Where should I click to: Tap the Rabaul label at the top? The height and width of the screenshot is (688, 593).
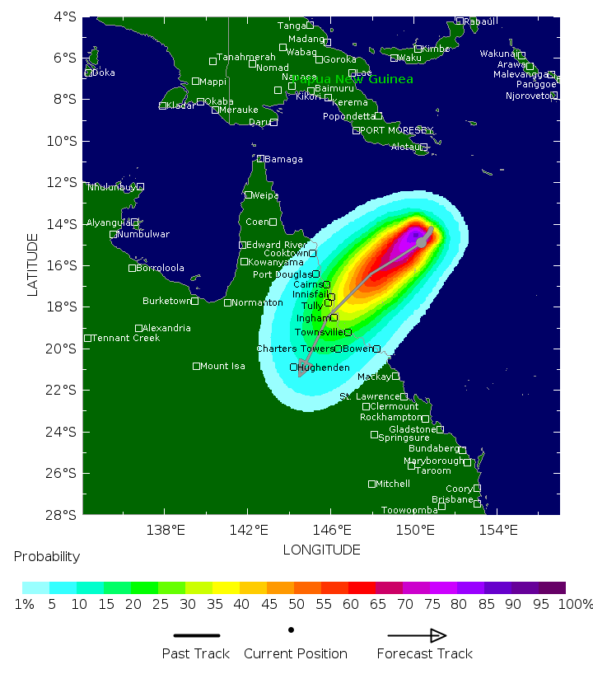[480, 21]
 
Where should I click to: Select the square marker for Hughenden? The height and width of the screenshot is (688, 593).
[293, 367]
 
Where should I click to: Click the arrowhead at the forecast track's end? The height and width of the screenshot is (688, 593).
[302, 372]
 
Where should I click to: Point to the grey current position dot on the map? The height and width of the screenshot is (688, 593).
[422, 242]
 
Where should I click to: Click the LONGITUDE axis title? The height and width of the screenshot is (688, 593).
[321, 550]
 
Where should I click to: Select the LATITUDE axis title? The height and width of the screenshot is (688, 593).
[33, 264]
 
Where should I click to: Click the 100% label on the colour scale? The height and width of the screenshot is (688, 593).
[575, 604]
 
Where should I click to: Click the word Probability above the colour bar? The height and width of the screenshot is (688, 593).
[47, 556]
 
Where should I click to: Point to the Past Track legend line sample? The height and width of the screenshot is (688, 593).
[196, 635]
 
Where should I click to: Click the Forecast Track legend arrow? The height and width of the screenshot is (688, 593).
[417, 635]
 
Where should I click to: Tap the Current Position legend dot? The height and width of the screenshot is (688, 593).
[292, 630]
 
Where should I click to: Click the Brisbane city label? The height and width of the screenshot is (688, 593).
[452, 499]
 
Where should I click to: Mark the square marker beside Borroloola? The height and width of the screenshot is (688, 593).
[132, 268]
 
